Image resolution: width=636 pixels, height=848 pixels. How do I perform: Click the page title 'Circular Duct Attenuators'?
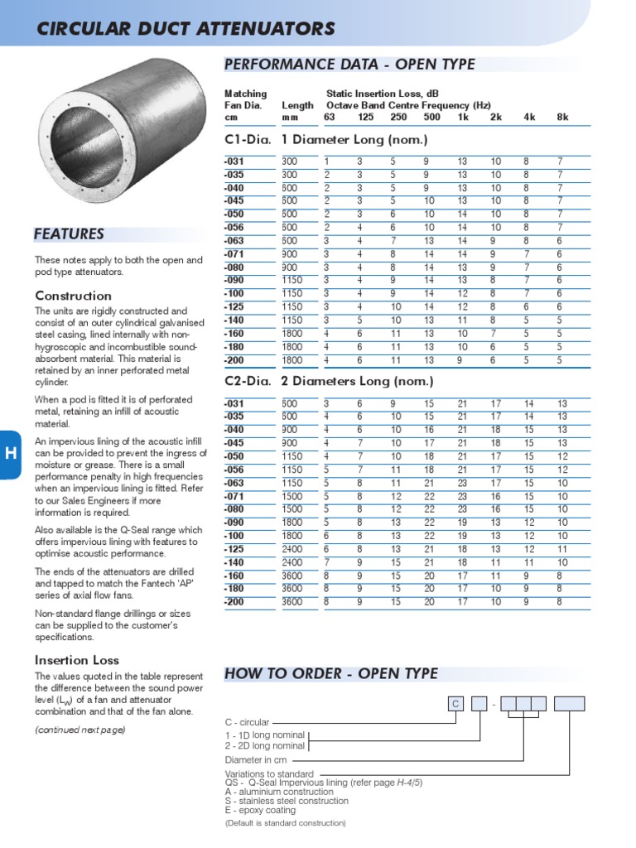coord(185,30)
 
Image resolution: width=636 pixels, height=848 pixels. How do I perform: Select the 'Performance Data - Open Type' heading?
coord(349,65)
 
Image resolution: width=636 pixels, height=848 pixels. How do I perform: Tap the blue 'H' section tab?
coord(10,454)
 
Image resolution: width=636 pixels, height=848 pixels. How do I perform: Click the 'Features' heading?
coord(69,234)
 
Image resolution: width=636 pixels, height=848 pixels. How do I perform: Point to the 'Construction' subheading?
coord(73,296)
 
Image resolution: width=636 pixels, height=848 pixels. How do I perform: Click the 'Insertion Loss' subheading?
coord(77,660)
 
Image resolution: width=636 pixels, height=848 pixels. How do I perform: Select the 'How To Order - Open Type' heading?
coord(331,673)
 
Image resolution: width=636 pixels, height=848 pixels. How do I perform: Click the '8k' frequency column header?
coord(562,118)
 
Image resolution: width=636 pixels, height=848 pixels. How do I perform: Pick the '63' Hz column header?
coord(329,118)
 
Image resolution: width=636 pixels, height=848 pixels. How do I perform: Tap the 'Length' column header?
coord(297,106)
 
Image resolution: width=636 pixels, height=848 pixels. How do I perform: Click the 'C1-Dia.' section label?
coord(248,140)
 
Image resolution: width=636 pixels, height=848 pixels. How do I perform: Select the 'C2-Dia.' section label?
coord(248,382)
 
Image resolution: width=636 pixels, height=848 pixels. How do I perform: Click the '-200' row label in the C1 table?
coord(235,360)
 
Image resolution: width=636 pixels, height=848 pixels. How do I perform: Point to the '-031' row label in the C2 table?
coord(235,403)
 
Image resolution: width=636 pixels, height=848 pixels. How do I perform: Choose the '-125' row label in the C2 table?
coord(235,549)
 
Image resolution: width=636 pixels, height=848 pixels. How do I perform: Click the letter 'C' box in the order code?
coord(455,705)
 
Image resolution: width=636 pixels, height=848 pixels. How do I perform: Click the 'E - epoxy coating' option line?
coord(260,811)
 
